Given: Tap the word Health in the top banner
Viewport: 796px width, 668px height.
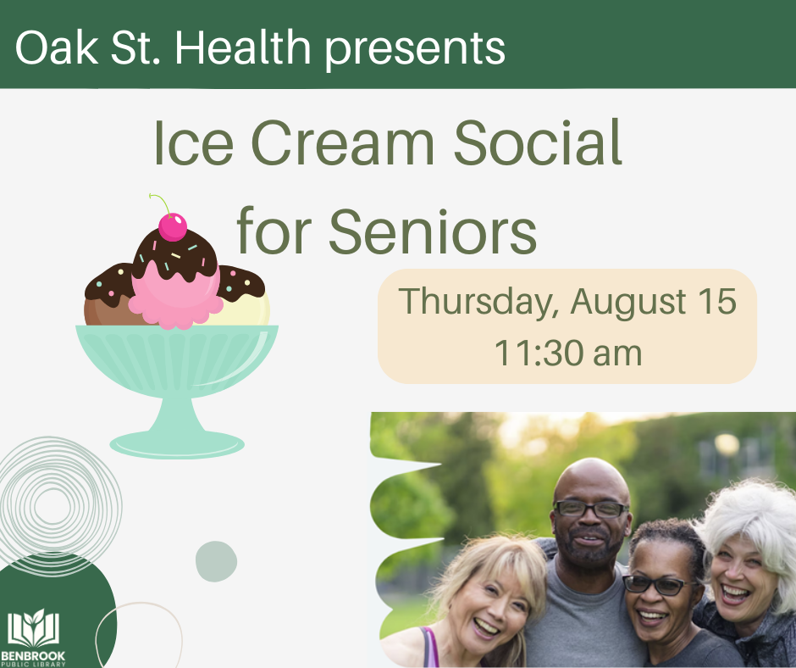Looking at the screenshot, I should tap(246, 49).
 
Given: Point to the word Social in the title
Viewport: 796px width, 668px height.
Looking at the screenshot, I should tap(538, 144).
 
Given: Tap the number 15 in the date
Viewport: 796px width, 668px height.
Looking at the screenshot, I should tap(713, 302).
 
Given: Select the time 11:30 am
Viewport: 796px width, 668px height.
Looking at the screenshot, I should tap(567, 353).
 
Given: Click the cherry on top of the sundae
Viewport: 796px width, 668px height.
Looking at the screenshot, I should tap(173, 226).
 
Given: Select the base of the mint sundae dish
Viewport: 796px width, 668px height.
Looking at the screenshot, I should tap(177, 442).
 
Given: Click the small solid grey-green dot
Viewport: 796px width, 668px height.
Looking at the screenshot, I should tap(216, 561).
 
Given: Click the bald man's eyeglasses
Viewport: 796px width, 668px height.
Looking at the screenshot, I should tap(590, 509).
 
